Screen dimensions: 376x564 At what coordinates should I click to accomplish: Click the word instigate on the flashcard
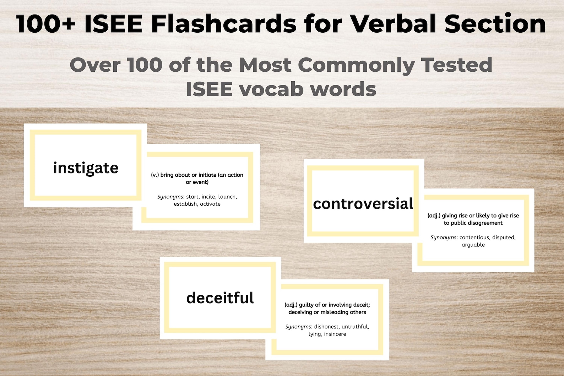pos(86,168)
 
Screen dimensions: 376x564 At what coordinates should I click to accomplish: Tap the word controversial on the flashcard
pos(363,204)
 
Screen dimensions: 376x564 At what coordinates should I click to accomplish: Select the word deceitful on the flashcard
pos(220,298)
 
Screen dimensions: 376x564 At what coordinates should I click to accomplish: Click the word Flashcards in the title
pos(224,24)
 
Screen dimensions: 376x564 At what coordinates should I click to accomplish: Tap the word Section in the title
pos(495,24)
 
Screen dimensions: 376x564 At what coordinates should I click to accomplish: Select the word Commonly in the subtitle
pos(356,65)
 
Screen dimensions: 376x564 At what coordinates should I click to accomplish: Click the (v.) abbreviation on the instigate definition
pos(155,175)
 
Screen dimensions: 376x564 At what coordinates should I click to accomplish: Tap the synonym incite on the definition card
pos(208,197)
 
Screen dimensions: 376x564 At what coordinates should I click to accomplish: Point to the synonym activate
pos(210,204)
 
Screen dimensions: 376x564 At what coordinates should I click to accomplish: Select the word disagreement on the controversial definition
pos(482,223)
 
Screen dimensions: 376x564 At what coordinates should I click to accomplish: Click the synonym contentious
pos(474,237)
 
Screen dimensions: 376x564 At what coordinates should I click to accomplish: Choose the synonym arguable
pos(473,245)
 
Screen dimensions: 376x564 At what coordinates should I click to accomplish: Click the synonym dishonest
pos(326,327)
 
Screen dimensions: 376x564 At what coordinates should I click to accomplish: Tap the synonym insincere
pos(335,334)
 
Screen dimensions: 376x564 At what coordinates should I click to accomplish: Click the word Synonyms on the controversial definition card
pos(443,237)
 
